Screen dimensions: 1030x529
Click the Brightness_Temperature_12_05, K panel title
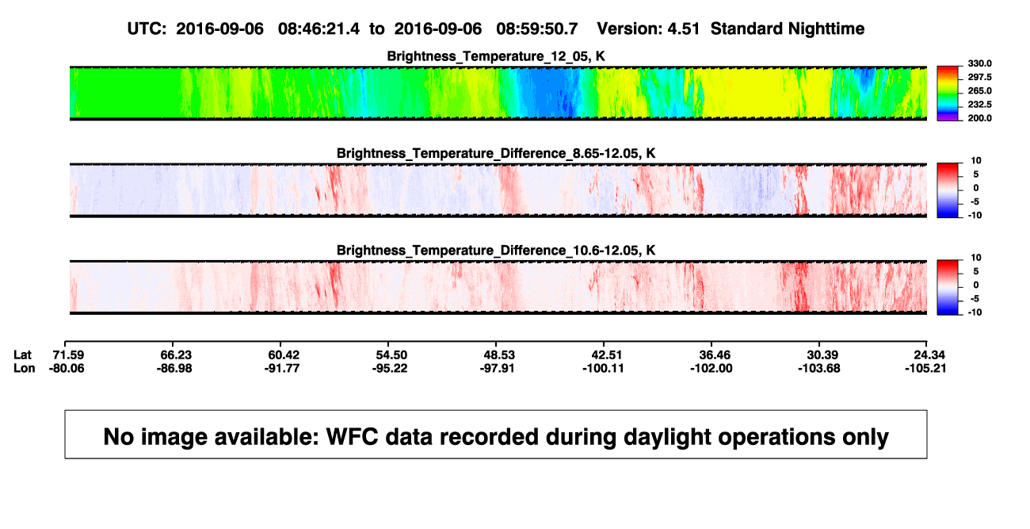496,56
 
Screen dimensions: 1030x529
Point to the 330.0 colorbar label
979,63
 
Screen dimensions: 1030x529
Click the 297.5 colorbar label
979,77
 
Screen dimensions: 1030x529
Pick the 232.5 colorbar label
979,105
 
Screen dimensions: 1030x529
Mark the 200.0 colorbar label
979,118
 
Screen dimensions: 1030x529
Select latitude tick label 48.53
499,355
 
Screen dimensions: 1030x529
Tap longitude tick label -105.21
925,368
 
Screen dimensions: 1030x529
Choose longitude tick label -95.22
390,368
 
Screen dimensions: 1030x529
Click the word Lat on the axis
22,355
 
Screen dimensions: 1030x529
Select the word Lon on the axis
24,368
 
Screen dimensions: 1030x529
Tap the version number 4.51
683,29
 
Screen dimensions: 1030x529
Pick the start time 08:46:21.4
319,29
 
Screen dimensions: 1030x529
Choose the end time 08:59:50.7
537,29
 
